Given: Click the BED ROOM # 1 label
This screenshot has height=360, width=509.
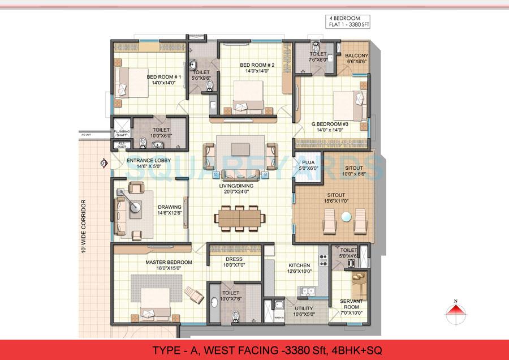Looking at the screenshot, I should [163, 77].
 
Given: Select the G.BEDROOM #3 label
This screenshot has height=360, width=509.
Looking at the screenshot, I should [331, 123].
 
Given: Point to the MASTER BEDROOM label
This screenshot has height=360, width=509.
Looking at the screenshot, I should [169, 263].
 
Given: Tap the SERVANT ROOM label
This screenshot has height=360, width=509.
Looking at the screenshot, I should [351, 304].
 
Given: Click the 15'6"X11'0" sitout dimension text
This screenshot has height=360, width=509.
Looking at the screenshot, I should [334, 201].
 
